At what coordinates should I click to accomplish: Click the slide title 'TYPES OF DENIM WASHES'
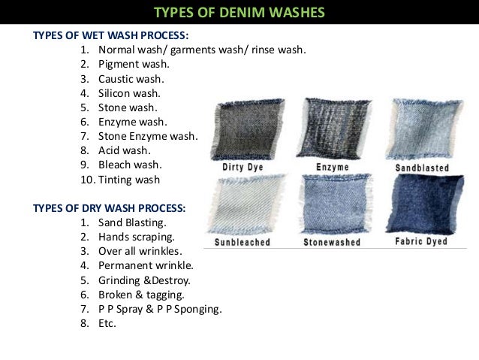click(239, 12)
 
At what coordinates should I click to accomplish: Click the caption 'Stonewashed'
click(331, 243)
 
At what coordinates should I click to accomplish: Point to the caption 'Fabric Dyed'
click(422, 242)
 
